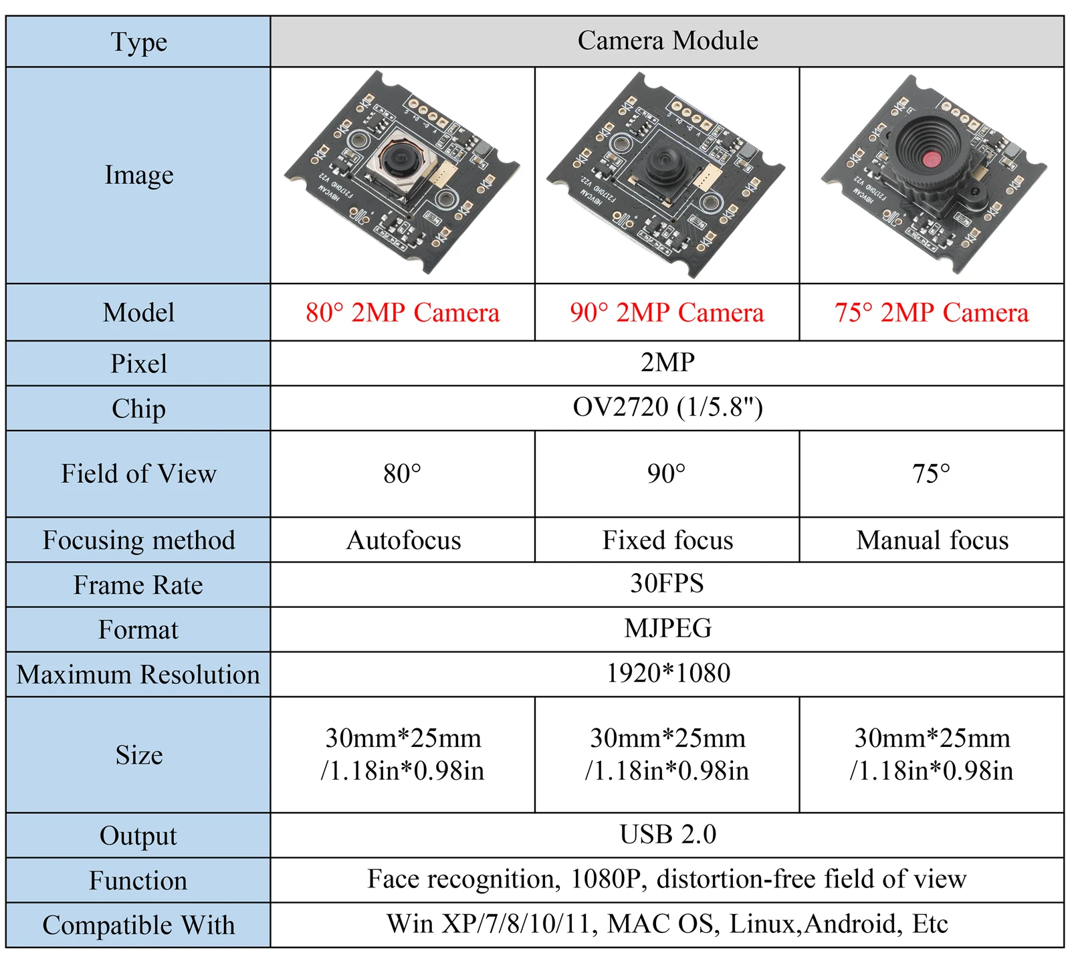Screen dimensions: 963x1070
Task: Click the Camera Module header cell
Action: coord(667,41)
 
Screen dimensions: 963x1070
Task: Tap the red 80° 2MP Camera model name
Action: coord(403,312)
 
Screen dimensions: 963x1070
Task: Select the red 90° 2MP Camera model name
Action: coord(667,312)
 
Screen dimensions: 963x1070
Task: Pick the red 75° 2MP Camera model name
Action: coord(932,312)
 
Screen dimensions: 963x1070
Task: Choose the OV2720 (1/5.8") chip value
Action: coord(667,407)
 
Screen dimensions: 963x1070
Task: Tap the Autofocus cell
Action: coord(403,540)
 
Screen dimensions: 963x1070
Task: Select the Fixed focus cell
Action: coord(667,540)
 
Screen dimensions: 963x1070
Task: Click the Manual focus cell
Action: coord(932,540)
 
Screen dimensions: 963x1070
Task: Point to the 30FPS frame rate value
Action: coord(667,584)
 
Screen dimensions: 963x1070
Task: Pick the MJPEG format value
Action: coord(667,629)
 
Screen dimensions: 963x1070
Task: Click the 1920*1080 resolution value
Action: coord(667,673)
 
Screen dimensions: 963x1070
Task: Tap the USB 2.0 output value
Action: coord(667,835)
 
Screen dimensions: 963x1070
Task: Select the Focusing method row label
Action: coord(138,540)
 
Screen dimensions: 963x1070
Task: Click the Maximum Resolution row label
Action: coord(138,675)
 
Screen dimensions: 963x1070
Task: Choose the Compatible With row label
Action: coord(138,926)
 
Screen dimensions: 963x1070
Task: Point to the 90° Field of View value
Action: coord(666,474)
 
